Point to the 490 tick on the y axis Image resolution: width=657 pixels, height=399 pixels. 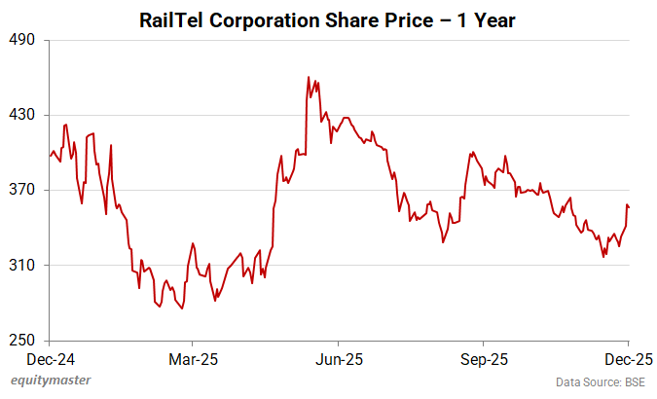(22, 40)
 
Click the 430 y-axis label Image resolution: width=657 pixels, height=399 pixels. (22, 115)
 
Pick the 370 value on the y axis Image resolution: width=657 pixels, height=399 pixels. (22, 190)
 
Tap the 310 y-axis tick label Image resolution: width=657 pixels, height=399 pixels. (22, 265)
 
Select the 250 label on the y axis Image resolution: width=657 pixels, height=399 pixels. (22, 341)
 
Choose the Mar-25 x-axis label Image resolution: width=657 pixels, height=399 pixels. (193, 358)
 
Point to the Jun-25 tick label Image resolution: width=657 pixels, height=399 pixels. (339, 358)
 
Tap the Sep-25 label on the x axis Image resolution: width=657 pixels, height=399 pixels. (484, 358)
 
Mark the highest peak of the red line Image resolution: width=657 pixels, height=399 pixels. (309, 77)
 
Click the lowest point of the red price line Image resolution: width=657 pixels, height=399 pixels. (182, 308)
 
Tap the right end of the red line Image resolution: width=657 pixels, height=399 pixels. (629, 206)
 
